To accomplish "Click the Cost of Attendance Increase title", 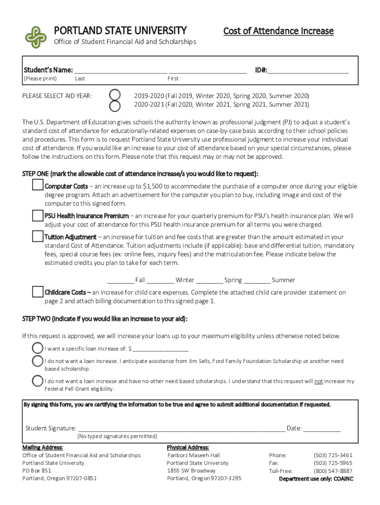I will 278,31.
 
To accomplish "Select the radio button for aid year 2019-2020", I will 114,95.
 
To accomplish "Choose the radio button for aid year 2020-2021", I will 114,105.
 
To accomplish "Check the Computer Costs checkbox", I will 38,185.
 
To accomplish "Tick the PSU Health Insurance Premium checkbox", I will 38,216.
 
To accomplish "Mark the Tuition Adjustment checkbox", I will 38,237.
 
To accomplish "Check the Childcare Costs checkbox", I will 38,292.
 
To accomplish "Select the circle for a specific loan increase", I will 38,348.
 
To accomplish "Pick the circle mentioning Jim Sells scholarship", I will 38,361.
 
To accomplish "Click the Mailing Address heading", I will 42,447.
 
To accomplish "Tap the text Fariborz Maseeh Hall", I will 193,455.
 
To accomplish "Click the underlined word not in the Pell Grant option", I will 319,381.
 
